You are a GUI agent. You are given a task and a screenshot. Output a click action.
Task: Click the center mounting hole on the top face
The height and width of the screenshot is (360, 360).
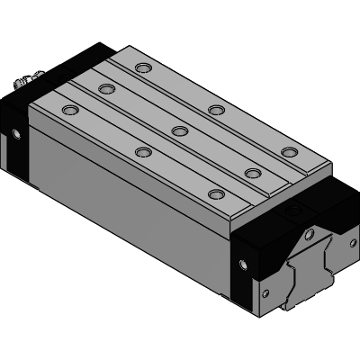pyautogui.click(x=179, y=130)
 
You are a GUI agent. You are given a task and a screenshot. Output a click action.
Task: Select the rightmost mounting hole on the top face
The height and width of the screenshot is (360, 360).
pyautogui.click(x=288, y=151)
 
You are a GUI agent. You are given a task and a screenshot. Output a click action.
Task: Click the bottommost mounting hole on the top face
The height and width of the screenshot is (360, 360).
pyautogui.click(x=215, y=193)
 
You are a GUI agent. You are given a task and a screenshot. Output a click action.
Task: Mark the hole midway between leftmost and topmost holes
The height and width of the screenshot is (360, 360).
pyautogui.click(x=105, y=88)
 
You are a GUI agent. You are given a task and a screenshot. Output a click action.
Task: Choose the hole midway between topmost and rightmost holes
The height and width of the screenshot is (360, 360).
pyautogui.click(x=216, y=110)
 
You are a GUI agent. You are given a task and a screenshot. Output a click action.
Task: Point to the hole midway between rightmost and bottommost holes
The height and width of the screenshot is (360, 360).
pyautogui.click(x=252, y=172)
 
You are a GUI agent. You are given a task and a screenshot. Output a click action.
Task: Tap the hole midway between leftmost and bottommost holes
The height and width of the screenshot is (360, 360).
pyautogui.click(x=141, y=151)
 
